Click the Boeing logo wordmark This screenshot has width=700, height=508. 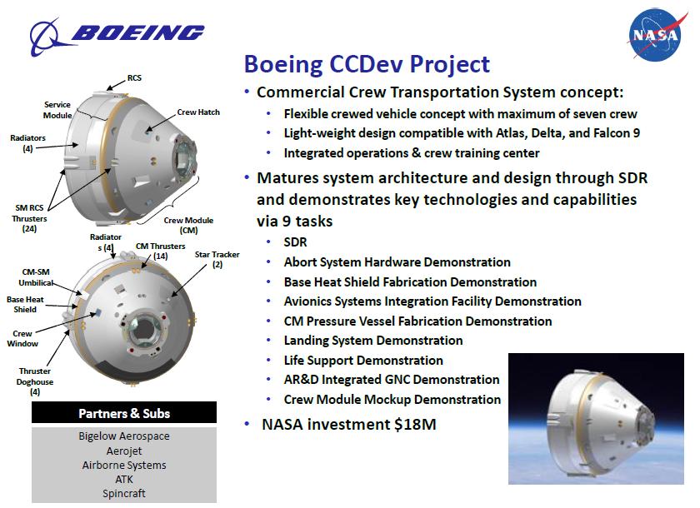(x=137, y=32)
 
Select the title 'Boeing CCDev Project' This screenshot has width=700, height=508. (x=367, y=64)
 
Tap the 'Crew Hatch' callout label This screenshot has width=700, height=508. (x=198, y=112)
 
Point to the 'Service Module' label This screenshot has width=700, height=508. (x=57, y=110)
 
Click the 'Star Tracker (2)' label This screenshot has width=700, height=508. (x=217, y=259)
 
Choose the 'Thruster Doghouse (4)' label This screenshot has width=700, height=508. (x=35, y=381)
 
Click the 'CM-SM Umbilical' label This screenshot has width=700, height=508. (x=36, y=277)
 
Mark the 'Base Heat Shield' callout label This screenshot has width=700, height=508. (x=25, y=304)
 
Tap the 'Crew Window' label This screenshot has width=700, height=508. (x=22, y=338)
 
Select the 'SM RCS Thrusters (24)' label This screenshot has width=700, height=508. (x=29, y=218)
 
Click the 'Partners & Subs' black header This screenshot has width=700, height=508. (x=124, y=412)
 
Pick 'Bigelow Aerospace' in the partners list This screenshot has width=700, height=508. (x=124, y=436)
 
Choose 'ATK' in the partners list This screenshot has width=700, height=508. (x=124, y=479)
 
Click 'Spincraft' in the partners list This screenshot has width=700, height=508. (x=124, y=493)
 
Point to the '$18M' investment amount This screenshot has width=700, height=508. (x=415, y=424)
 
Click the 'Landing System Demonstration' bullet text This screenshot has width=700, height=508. (x=373, y=341)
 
